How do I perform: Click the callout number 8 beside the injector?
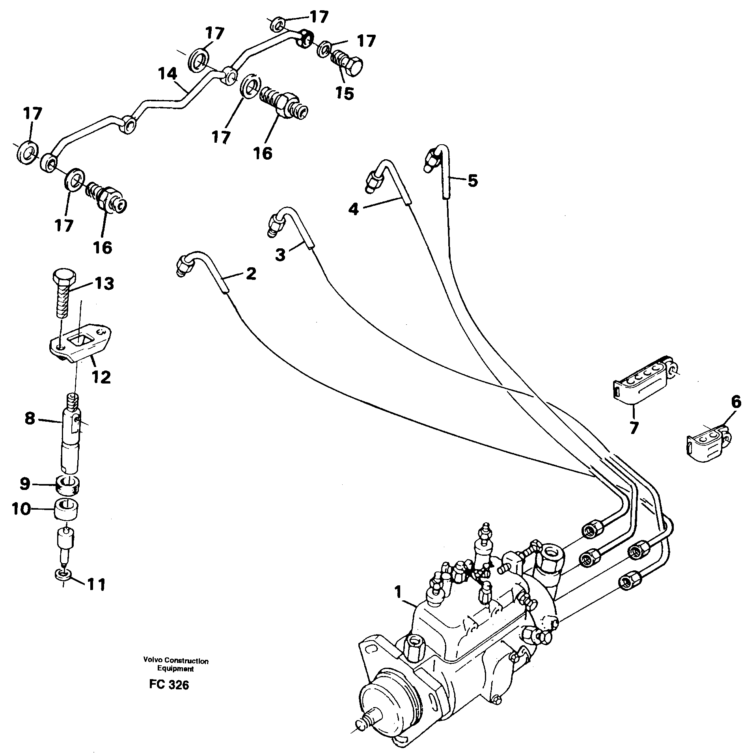coord(30,418)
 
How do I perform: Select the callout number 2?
coord(251,273)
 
